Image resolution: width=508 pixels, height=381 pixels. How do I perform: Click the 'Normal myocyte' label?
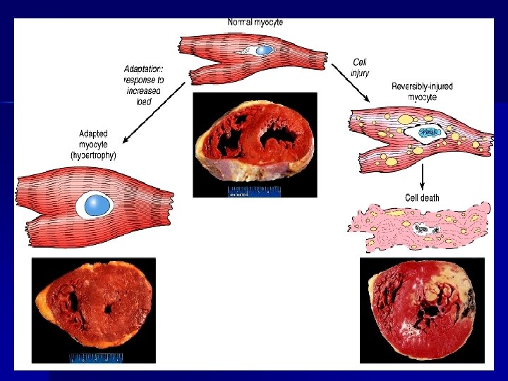pos(255,23)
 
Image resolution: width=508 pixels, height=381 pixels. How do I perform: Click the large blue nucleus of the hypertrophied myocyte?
pos(98,205)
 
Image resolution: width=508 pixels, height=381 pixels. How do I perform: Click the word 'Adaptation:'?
pos(143,69)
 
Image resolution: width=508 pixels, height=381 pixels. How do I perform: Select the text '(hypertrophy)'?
pos(94,155)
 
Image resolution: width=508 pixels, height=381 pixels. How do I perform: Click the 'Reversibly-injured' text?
pos(422,87)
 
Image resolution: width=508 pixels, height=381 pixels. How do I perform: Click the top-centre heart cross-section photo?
pos(255,140)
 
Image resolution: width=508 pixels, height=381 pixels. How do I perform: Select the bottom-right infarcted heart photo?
pos(422,309)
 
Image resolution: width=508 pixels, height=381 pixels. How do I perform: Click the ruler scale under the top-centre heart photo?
pos(254,191)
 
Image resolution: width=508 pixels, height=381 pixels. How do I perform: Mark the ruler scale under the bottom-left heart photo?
pos(96,358)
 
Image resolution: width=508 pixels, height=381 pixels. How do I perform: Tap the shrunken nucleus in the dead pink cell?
pos(423,229)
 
